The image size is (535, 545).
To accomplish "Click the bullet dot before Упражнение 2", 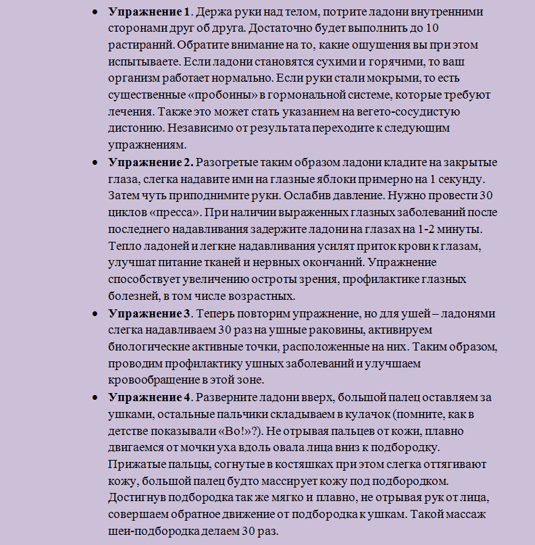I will tap(94, 163).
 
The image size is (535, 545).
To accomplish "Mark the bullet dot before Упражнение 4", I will tap(94, 398).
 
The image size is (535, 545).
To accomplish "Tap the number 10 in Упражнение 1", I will tap(435, 30).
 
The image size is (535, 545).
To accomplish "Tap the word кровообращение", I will tap(152, 381).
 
